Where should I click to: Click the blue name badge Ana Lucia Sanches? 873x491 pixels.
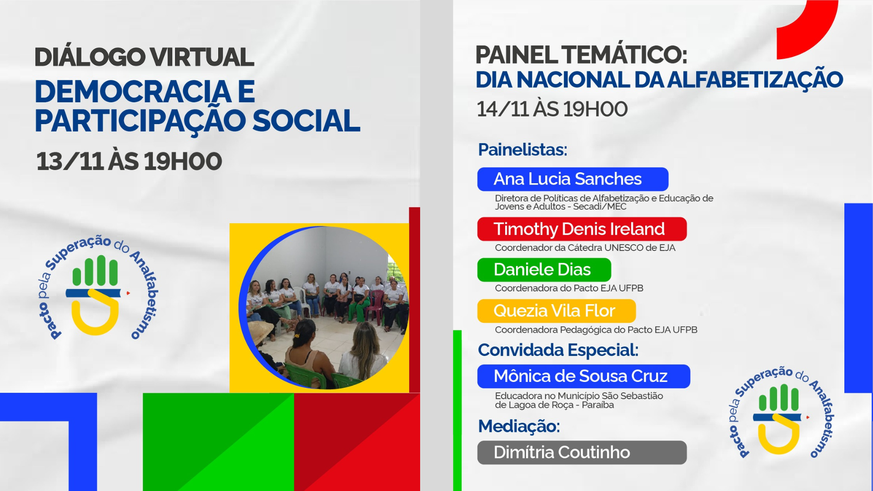[x=572, y=179]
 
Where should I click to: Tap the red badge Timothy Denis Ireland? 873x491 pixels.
[x=582, y=229]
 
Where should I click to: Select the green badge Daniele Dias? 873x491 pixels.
[x=544, y=270]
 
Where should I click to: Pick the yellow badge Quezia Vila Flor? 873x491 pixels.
[x=556, y=311]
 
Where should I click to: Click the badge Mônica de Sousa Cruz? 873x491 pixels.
[x=583, y=376]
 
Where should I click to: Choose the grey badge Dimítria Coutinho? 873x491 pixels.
[x=582, y=452]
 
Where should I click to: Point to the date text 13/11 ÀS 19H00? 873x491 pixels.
[x=129, y=161]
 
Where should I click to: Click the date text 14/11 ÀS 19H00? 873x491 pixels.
[x=552, y=109]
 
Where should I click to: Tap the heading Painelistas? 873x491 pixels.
[x=522, y=150]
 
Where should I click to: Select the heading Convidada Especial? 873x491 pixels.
[x=558, y=350]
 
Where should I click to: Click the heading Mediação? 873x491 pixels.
[x=519, y=426]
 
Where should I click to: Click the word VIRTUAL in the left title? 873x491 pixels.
[x=202, y=57]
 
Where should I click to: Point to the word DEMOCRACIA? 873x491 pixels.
[x=133, y=92]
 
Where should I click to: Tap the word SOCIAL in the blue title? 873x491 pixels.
[x=306, y=121]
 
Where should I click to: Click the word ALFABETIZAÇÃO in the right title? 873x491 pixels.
[x=755, y=80]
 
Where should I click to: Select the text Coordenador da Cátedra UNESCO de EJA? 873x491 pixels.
[x=585, y=248]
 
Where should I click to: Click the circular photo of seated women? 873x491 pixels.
[x=324, y=308]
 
